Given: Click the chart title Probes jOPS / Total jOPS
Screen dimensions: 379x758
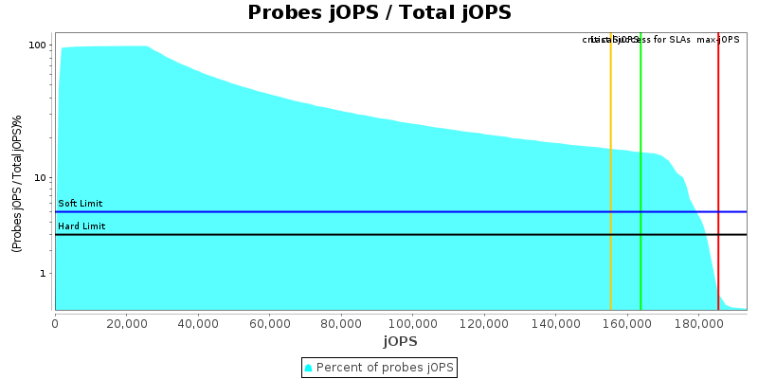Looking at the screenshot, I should click(x=379, y=12).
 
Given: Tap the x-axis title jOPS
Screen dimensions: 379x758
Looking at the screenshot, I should click(x=400, y=341).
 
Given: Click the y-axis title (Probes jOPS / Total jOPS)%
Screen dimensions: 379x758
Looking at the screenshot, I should click(x=17, y=183).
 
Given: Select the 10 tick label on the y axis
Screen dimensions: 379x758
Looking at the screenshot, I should click(x=41, y=178).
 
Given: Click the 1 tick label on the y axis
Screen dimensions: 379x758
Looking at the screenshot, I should click(x=45, y=274).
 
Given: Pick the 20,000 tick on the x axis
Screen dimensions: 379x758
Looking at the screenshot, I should click(x=126, y=322).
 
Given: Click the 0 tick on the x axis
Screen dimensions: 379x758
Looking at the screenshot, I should click(x=55, y=322).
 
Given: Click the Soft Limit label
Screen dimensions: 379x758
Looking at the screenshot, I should click(x=81, y=204).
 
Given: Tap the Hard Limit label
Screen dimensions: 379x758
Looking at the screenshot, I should click(x=81, y=226).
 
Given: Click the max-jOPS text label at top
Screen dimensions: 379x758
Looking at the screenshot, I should click(x=718, y=40).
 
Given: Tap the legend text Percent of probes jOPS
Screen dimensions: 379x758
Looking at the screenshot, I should click(x=386, y=367).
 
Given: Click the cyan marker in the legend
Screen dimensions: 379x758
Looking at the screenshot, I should click(x=308, y=367).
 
